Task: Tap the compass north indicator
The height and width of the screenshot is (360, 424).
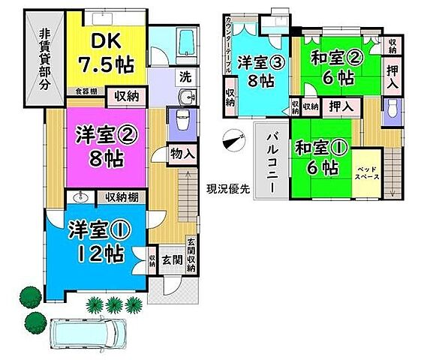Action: point(233,140)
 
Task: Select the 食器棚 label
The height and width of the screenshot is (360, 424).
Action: point(85,93)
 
